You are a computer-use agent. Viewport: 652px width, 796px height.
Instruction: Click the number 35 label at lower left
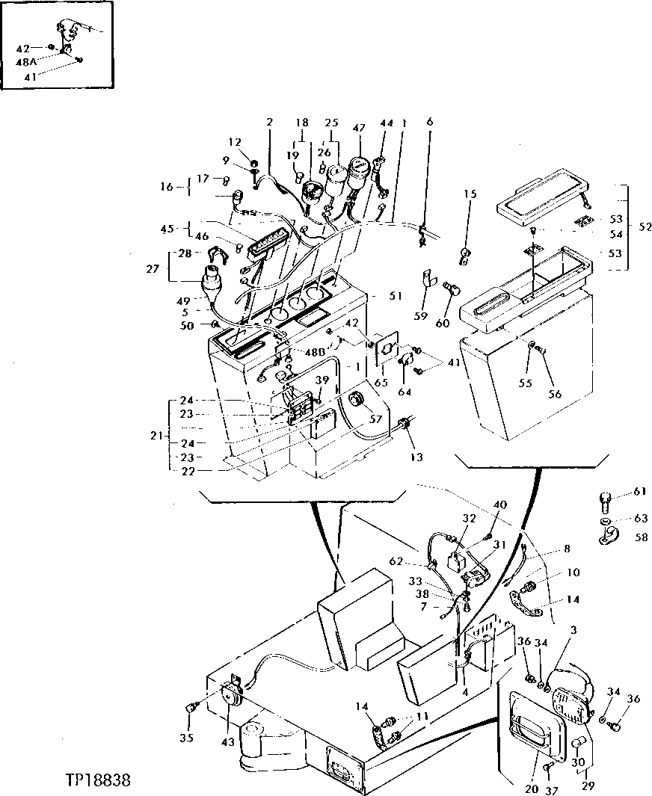click(186, 738)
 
